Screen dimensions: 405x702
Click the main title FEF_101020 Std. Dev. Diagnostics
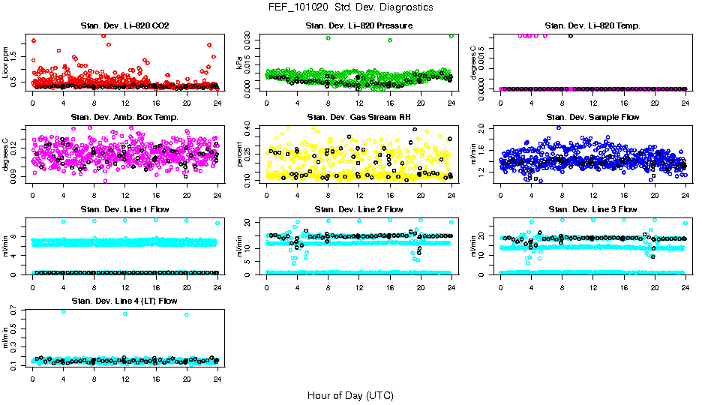coord(350,7)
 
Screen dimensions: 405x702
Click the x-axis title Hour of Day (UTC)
coord(350,395)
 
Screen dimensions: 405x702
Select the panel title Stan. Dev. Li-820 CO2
coord(124,25)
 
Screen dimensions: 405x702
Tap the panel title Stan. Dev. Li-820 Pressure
coord(358,25)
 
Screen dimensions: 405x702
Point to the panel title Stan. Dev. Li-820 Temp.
coord(592,25)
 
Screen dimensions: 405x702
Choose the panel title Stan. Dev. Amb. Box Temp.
coord(124,117)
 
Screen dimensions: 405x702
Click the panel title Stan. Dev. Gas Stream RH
coord(358,117)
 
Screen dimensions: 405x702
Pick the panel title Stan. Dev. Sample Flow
coord(592,117)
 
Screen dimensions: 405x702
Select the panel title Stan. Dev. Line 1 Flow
coord(124,209)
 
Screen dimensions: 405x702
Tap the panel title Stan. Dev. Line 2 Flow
coord(358,209)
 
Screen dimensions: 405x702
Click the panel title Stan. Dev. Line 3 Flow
coord(592,209)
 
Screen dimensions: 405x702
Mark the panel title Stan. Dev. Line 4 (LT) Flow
coord(124,301)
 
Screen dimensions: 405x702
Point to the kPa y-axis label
coord(240,63)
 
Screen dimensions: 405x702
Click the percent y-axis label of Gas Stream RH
coord(240,154)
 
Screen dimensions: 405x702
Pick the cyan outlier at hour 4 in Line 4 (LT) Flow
coord(63,311)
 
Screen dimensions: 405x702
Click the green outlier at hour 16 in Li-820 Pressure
coord(390,40)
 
